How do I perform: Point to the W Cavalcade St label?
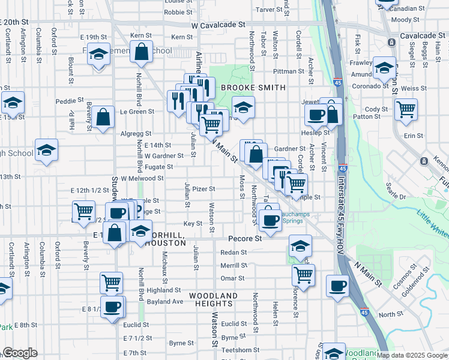pos(219,26)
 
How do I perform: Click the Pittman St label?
pos(294,71)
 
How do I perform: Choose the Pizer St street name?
pos(204,189)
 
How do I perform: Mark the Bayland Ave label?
pos(165,301)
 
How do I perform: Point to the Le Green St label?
pos(137,112)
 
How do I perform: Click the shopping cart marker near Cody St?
pos(406,110)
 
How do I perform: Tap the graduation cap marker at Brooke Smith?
pos(243,108)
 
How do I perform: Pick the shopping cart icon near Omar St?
pos(304,275)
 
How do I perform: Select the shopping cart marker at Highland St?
pos(111,282)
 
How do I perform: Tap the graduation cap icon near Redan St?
pos(300,245)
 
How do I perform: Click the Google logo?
pos(20,353)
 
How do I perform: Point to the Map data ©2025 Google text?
pos(412,355)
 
